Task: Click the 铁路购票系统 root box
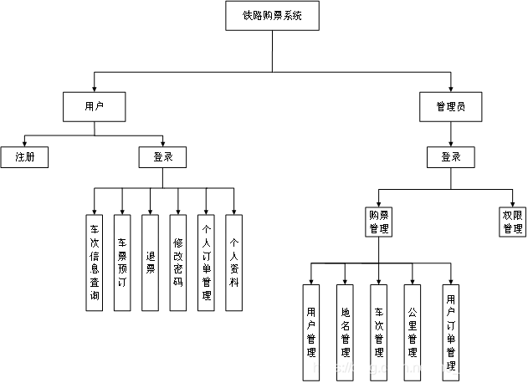272,16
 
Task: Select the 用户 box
95,106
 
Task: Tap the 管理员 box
450,106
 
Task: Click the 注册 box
23,156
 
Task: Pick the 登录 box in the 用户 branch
162,156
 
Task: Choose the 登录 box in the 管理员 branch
450,156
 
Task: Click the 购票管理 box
378,222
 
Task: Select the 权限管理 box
512,222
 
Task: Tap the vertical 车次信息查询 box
95,263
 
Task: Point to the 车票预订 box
122,263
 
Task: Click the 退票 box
150,263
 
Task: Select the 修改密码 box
177,263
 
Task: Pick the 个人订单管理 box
206,263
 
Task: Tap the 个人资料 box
233,263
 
